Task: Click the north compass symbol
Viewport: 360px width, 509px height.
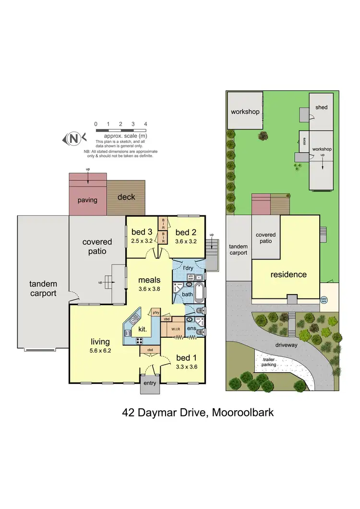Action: coord(74,139)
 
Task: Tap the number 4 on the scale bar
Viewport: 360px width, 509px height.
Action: coord(145,124)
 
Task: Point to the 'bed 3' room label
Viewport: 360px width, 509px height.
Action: coord(143,234)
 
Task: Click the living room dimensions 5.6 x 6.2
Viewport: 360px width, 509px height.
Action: coord(101,350)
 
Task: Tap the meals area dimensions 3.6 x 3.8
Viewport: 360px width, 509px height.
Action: coord(149,289)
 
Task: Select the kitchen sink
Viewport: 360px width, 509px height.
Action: coord(134,319)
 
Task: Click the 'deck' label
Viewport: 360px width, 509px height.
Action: coord(126,197)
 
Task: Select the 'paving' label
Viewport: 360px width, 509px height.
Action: coord(87,200)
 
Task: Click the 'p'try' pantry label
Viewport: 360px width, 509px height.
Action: coord(156,312)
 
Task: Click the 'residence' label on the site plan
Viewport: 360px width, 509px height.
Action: coord(288,275)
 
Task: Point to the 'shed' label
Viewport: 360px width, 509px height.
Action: coord(322,107)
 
